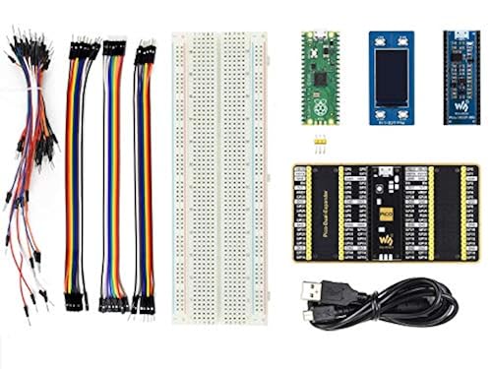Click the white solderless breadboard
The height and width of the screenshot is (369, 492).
(219, 177)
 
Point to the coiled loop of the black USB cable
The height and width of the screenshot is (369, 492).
(413, 300)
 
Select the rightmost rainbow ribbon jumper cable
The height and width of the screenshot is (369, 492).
(144, 177)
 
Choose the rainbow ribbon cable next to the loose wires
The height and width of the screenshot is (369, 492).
(76, 177)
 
